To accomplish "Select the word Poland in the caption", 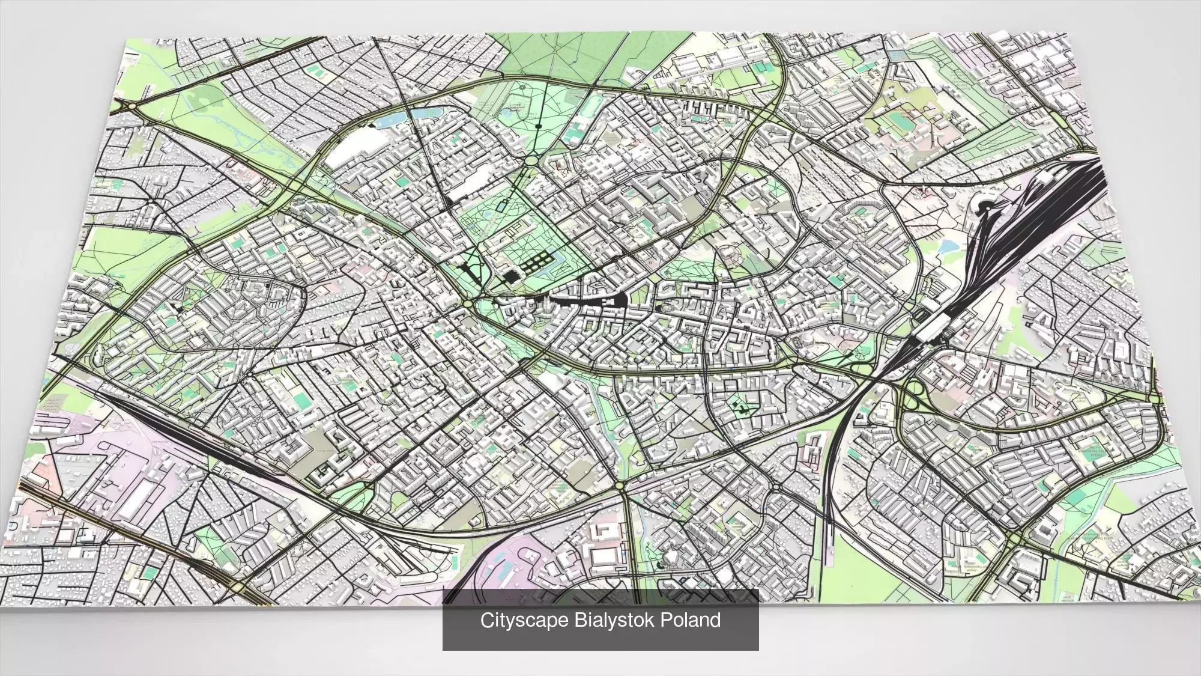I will pyautogui.click(x=691, y=620).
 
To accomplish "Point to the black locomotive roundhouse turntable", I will pyautogui.click(x=985, y=207).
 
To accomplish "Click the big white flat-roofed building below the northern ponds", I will pyautogui.click(x=358, y=145).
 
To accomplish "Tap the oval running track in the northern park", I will pyautogui.click(x=898, y=120).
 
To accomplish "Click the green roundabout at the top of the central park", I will pyautogui.click(x=532, y=160).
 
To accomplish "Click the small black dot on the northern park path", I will pyautogui.click(x=538, y=127).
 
